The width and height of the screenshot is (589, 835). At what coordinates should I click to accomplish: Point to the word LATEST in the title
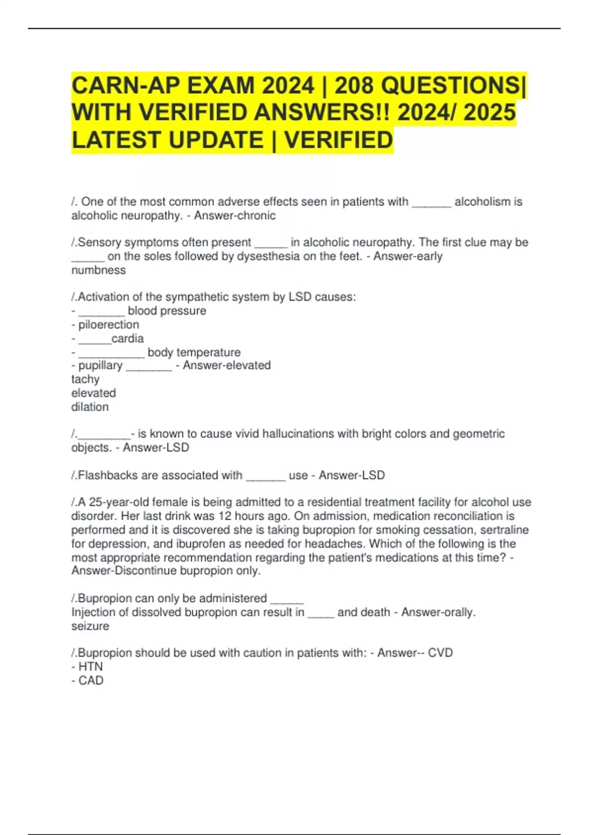click(x=117, y=140)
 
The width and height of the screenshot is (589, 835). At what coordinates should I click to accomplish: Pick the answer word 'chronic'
click(x=257, y=216)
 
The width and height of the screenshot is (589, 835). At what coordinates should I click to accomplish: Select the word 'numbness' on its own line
click(x=99, y=270)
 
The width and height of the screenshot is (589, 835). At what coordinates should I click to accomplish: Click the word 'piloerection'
click(x=108, y=325)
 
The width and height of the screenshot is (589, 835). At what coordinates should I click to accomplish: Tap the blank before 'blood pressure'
click(x=102, y=311)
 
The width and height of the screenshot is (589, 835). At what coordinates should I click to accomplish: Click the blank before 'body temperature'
click(x=111, y=353)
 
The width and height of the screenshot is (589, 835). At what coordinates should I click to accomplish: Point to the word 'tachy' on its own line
click(x=85, y=380)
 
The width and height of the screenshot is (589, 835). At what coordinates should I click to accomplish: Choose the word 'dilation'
click(x=90, y=407)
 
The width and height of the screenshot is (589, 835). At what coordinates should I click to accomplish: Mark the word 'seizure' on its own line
click(x=90, y=626)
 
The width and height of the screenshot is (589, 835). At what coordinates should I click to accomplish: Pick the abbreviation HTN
click(x=90, y=667)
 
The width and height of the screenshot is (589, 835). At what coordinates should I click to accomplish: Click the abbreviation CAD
click(x=91, y=681)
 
